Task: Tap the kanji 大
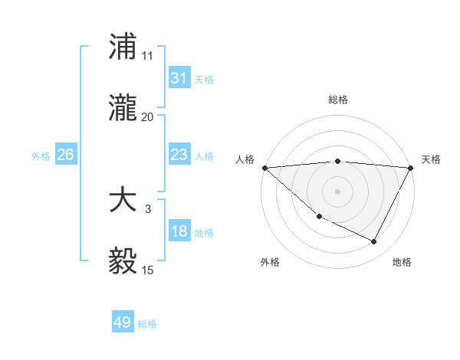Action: (x=123, y=201)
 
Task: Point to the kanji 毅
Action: (x=123, y=262)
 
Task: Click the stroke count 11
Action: (x=148, y=55)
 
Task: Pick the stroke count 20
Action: (x=148, y=117)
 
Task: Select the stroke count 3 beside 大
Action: (x=148, y=208)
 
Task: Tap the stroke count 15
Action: (x=148, y=270)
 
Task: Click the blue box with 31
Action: (x=179, y=78)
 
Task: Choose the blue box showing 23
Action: (x=179, y=155)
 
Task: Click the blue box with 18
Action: (x=179, y=231)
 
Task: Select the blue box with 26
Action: (x=66, y=155)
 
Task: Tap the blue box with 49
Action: (x=123, y=323)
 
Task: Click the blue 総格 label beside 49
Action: (x=147, y=324)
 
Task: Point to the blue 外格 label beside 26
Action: (x=41, y=155)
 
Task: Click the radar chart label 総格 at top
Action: (x=337, y=100)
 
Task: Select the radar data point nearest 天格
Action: (x=411, y=168)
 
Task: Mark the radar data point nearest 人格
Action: (x=264, y=168)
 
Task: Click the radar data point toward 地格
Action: (x=374, y=242)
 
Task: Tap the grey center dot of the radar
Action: (x=337, y=191)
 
